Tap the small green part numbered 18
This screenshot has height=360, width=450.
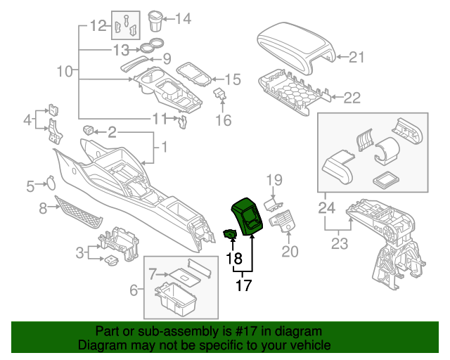(x=230, y=234)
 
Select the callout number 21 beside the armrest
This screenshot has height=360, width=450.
(x=357, y=58)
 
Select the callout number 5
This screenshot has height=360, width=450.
(x=30, y=186)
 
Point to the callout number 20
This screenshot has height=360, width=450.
(x=290, y=250)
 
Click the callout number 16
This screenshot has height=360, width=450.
(x=223, y=121)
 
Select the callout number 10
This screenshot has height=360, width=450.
(x=64, y=71)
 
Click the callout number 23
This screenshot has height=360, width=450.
(x=340, y=245)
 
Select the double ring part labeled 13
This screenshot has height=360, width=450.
(x=148, y=49)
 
